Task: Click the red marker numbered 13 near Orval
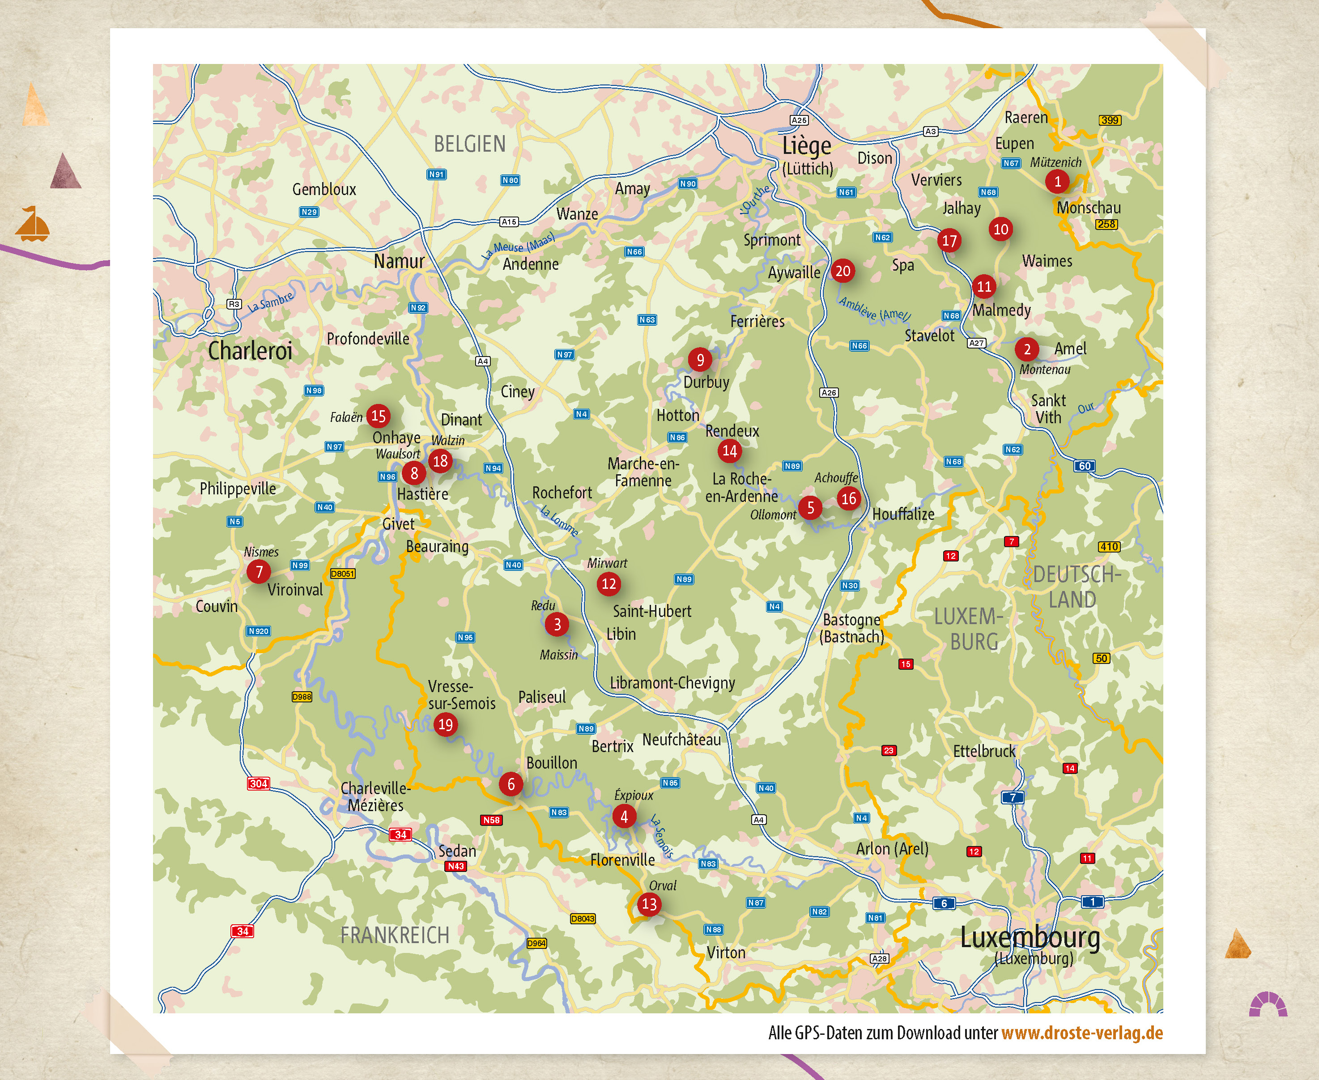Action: click(x=649, y=904)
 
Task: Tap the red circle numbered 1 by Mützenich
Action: click(x=1057, y=182)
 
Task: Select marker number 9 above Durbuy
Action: click(x=700, y=360)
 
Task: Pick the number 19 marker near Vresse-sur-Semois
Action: click(x=446, y=724)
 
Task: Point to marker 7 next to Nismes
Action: click(x=259, y=572)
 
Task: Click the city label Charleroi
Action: click(x=250, y=351)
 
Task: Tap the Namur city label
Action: click(x=399, y=261)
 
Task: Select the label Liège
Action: click(x=806, y=145)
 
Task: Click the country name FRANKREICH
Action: click(x=395, y=935)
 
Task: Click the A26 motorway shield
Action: click(x=829, y=392)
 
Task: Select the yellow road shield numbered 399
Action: click(x=1110, y=120)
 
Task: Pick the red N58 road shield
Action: click(x=491, y=820)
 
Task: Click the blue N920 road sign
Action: click(x=258, y=631)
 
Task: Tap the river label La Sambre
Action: click(x=271, y=302)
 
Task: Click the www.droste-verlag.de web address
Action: click(x=1081, y=1033)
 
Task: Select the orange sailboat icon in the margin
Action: click(x=32, y=225)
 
